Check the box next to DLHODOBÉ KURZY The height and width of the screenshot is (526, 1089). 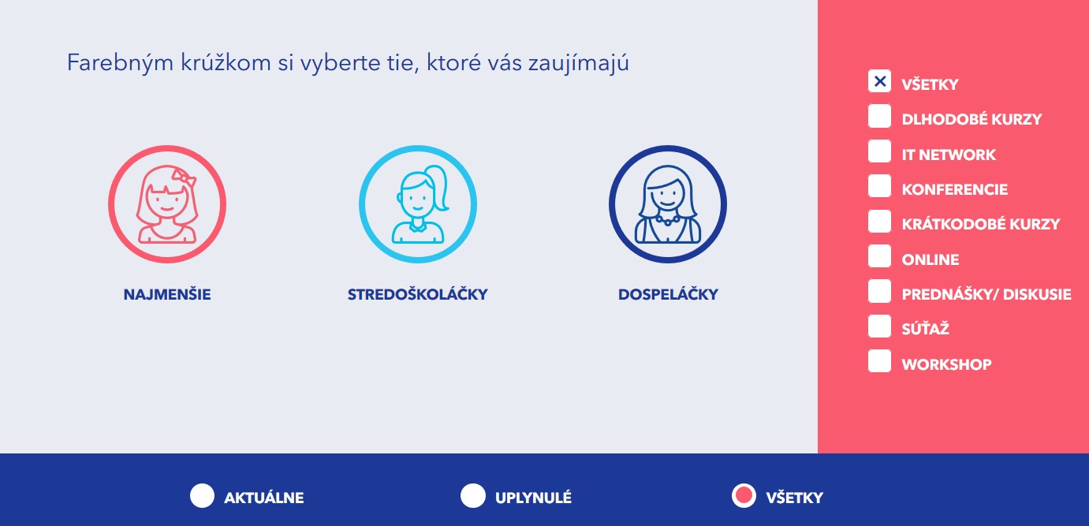(879, 116)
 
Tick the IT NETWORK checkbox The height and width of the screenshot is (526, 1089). (879, 151)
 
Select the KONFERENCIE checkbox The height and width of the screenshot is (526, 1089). (879, 186)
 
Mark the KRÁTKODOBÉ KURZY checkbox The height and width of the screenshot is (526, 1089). (879, 221)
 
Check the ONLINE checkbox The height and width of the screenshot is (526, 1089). (879, 256)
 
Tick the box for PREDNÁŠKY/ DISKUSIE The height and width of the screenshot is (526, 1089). (879, 291)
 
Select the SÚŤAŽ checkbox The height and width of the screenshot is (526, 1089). (879, 326)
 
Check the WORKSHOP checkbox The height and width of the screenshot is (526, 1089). (879, 361)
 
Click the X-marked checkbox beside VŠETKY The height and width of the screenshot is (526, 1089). (879, 81)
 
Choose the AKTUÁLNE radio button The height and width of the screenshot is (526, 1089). (202, 496)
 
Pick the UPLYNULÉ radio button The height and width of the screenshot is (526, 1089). (473, 496)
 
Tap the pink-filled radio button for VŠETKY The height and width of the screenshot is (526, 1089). (744, 496)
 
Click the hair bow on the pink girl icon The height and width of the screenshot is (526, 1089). (184, 177)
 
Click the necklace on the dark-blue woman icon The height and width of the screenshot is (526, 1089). (668, 221)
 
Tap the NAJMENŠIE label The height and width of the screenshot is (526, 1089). (167, 295)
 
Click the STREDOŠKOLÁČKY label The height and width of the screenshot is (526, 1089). (418, 294)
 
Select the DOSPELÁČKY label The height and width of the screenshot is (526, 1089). (668, 294)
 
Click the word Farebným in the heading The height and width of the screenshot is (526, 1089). (120, 63)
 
